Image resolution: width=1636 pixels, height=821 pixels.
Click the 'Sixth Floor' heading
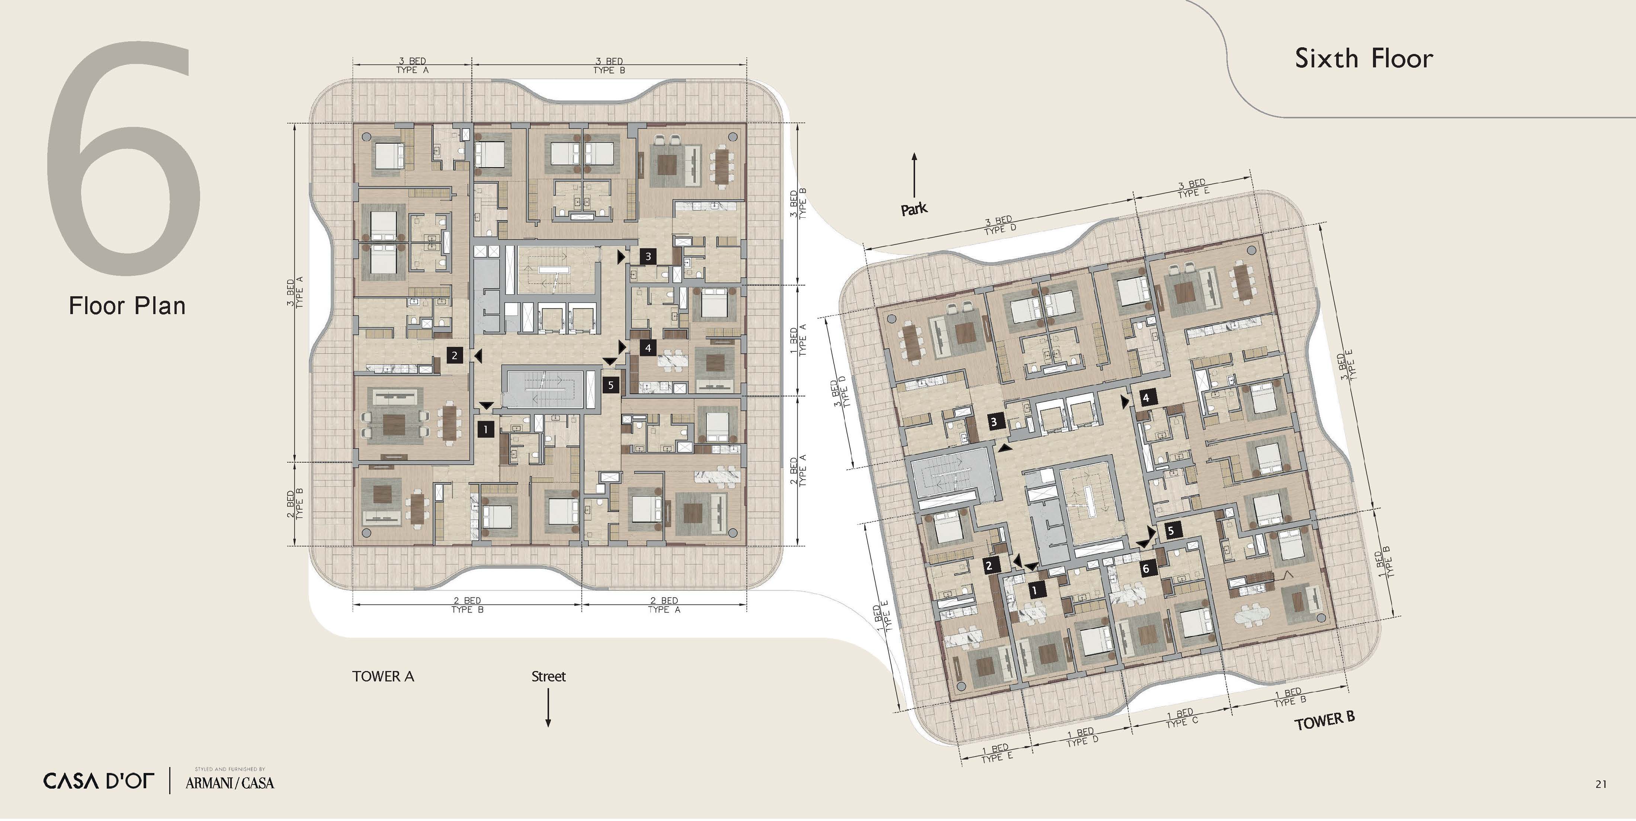coord(1364,58)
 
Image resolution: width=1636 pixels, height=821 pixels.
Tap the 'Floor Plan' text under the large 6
coord(127,306)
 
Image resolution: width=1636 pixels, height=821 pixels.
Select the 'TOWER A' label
coord(383,676)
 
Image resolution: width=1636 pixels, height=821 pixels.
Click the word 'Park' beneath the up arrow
coord(914,208)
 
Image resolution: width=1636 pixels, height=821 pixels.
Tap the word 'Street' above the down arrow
coord(548,676)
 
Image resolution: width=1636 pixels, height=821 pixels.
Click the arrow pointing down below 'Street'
coord(548,707)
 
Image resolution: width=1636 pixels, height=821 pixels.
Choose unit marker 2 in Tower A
coord(454,355)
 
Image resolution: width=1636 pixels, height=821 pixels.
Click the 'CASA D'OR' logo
coord(99,781)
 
